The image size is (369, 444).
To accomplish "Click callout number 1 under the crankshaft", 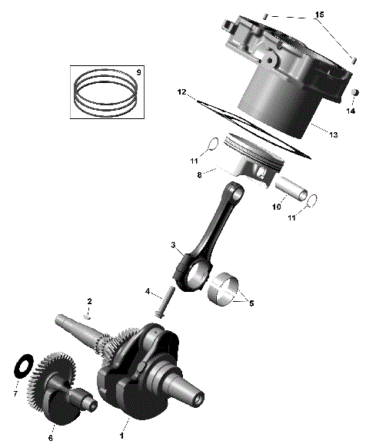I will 121,435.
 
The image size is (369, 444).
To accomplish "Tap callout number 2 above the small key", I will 89,300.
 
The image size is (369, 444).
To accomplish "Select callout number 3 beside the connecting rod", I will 175,246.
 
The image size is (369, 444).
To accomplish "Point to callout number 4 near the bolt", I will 147,291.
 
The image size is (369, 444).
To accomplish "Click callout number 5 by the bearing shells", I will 251,303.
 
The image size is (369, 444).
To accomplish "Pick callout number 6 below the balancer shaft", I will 51,438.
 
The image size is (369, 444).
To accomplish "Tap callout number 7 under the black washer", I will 16,394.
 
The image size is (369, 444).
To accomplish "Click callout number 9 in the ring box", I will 138,71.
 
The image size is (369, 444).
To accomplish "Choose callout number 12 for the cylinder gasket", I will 181,92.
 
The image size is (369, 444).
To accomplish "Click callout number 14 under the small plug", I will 351,111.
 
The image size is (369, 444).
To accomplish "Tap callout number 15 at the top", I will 320,15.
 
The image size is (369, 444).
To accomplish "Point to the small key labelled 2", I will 89,314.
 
